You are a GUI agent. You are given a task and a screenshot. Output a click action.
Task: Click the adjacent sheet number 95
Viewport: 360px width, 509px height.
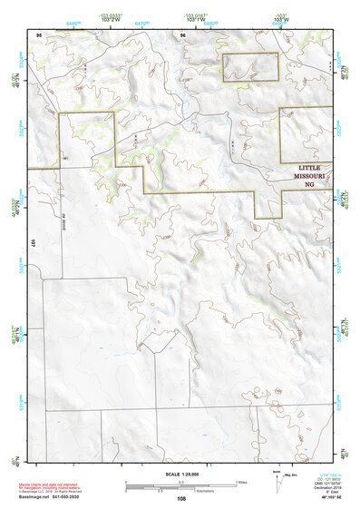pos(39,34)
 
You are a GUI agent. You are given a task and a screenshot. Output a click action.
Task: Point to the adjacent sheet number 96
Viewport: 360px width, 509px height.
pos(182,34)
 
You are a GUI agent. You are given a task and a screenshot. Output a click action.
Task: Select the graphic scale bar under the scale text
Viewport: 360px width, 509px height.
pos(180,484)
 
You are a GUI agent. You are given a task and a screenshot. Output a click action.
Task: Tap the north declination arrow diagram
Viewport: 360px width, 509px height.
pos(277,483)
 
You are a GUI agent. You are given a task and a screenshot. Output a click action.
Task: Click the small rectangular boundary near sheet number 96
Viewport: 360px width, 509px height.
pos(249,66)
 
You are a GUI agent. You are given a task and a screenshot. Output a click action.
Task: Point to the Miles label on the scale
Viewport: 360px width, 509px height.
pos(240,481)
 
